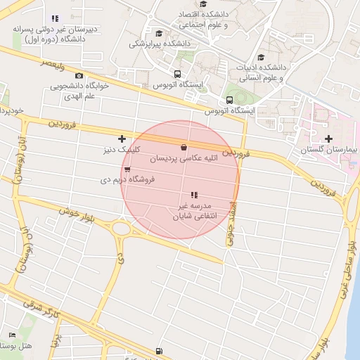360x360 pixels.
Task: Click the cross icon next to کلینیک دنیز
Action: pos(122,139)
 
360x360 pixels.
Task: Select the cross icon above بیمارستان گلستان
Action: pos(328,139)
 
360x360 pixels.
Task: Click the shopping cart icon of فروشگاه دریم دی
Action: pos(127,169)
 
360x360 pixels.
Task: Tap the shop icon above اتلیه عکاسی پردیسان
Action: pos(184,148)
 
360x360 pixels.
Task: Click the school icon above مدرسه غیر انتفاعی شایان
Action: pos(194,195)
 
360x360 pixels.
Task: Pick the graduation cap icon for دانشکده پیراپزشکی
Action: pos(159,33)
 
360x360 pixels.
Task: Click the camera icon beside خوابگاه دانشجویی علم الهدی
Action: pos(79,75)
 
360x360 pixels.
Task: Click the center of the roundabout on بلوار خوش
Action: pos(122,229)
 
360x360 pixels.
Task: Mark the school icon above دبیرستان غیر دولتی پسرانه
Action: pos(55,18)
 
